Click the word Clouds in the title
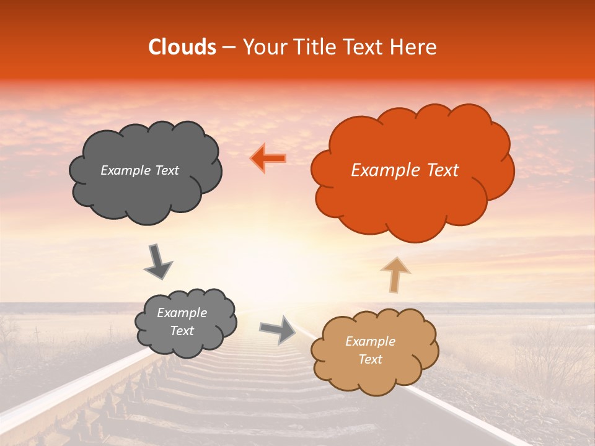[x=182, y=47]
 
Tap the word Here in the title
[x=415, y=47]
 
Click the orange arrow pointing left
[x=268, y=159]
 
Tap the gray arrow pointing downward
[x=158, y=261]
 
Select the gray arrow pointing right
[x=278, y=329]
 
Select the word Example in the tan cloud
[x=370, y=341]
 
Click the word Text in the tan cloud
[x=370, y=359]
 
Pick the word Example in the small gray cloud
[x=182, y=313]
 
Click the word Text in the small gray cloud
[x=182, y=331]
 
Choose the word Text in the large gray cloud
[x=166, y=170]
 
